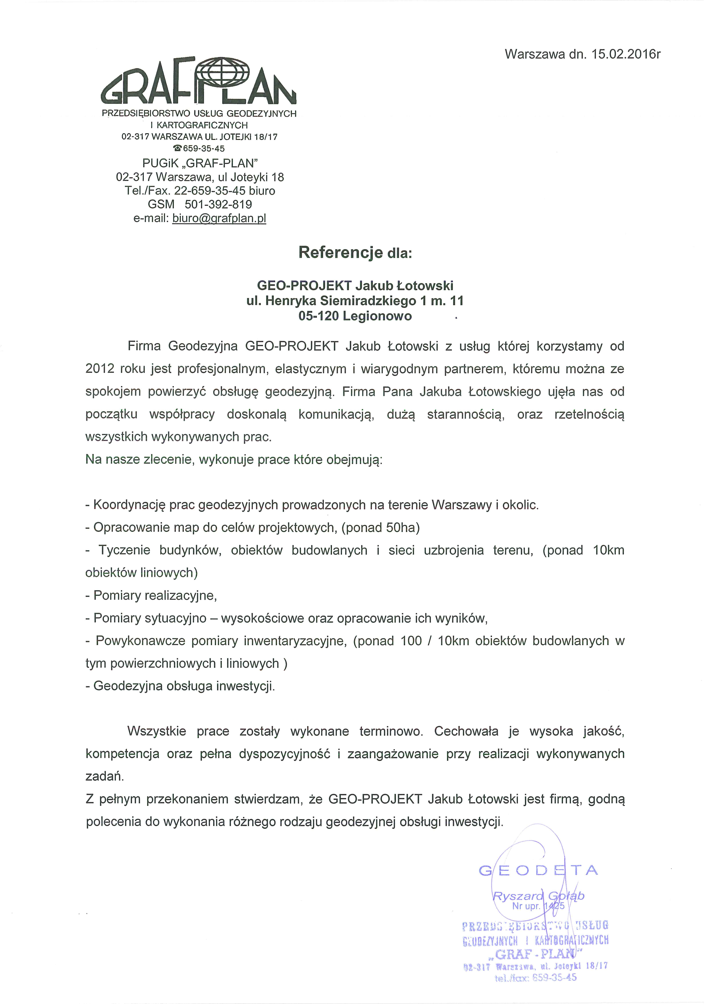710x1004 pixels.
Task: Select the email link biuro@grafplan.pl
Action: [x=219, y=218]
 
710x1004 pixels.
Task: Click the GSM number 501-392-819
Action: [x=218, y=204]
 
